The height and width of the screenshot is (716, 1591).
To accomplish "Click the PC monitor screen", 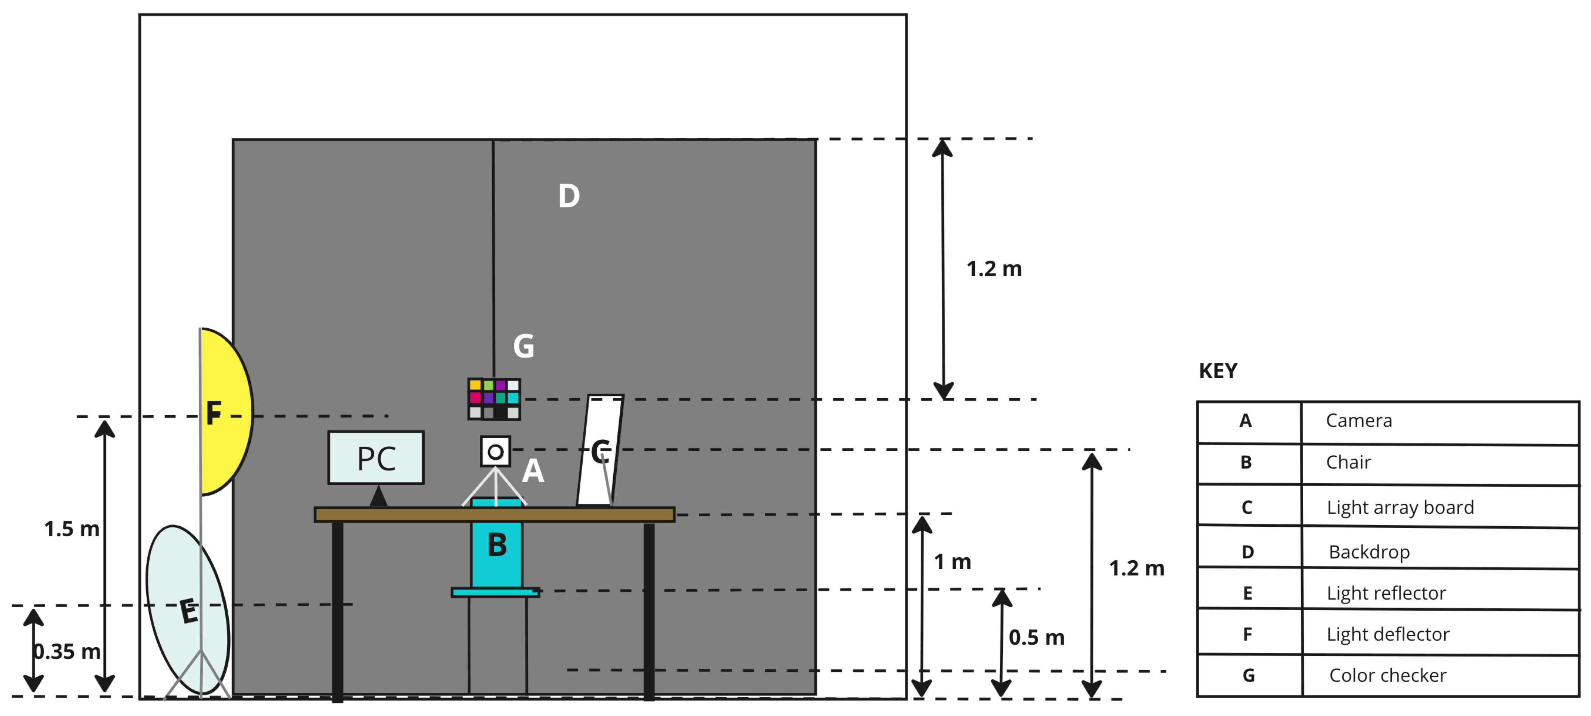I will (375, 458).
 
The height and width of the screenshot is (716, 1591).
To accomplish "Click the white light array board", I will (599, 451).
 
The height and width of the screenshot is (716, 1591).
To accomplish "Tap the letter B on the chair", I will (497, 545).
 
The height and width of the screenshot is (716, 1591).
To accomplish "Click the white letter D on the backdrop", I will (569, 196).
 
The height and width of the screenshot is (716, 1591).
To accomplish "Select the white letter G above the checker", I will (523, 346).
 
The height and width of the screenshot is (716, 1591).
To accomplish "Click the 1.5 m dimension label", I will (71, 529).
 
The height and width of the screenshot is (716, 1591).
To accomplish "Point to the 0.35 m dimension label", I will (67, 651).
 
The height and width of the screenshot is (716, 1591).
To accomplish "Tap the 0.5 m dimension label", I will (1036, 637).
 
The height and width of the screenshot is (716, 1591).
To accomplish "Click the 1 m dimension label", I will (952, 562).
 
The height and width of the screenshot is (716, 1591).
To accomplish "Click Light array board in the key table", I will (1400, 507).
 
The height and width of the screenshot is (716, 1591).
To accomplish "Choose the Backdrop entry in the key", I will (1369, 552).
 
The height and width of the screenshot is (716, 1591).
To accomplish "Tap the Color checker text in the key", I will (1387, 675).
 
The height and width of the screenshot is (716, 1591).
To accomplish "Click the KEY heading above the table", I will (1218, 371).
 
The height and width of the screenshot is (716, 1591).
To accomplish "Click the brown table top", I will (494, 514).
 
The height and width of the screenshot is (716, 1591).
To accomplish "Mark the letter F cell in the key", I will (1248, 634).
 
